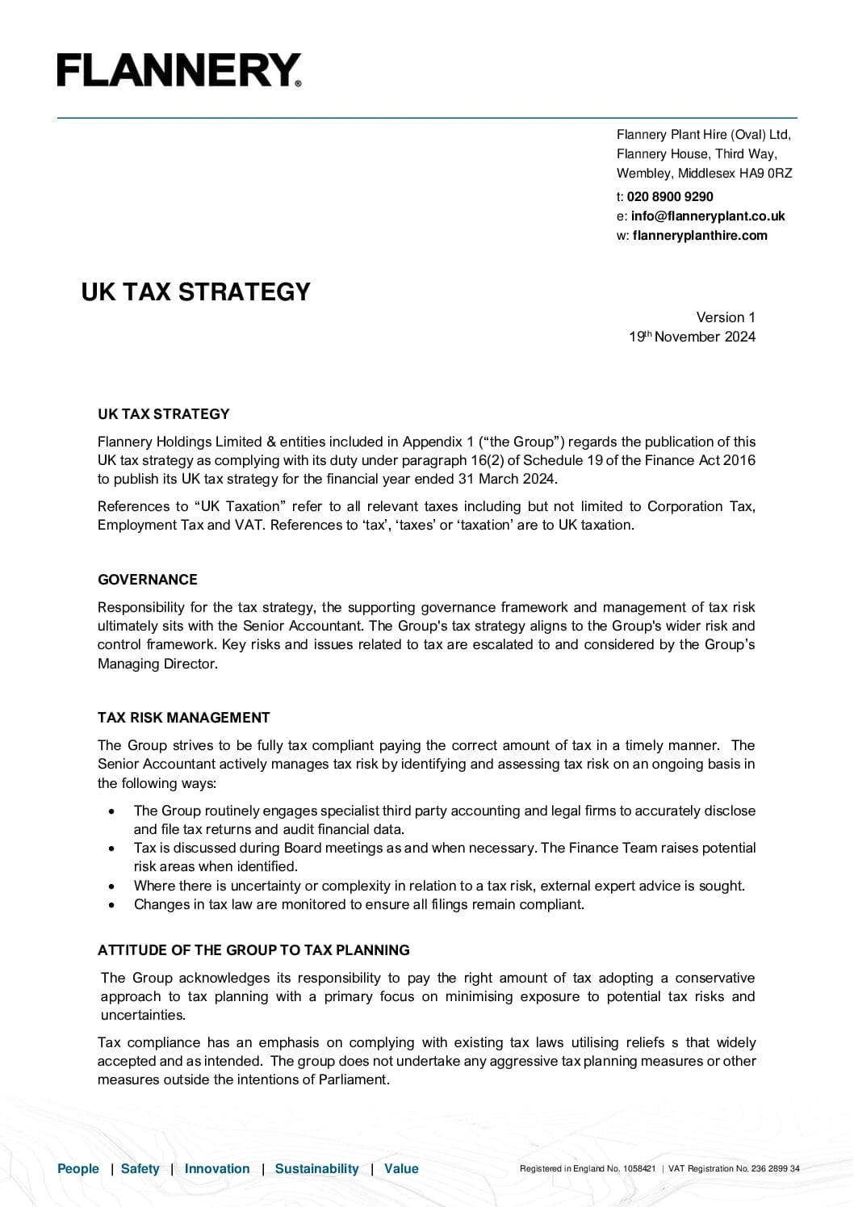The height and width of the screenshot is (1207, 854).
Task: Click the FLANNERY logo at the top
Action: click(x=178, y=70)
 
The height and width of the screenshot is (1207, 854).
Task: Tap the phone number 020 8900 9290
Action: click(x=670, y=196)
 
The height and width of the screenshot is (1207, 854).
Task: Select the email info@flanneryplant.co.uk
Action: click(x=708, y=216)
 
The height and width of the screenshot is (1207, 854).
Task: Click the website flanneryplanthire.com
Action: click(x=700, y=235)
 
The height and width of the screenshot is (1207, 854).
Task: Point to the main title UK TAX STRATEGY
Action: click(x=195, y=291)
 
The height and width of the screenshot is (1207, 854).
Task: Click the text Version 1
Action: click(x=726, y=317)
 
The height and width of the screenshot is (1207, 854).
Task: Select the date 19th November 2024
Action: click(x=692, y=337)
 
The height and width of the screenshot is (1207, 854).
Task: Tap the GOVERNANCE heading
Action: click(x=147, y=579)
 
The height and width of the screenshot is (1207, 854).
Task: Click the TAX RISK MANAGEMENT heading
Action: click(x=183, y=717)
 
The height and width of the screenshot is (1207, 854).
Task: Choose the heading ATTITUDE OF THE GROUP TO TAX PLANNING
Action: click(x=253, y=949)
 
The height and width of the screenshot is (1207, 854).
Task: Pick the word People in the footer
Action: click(x=78, y=1168)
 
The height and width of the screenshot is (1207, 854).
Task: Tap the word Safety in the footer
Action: click(x=140, y=1168)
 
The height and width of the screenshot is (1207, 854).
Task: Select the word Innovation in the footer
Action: click(x=217, y=1168)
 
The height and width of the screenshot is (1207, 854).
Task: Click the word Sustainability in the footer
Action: click(x=316, y=1168)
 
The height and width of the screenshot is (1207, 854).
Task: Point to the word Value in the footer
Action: click(x=401, y=1168)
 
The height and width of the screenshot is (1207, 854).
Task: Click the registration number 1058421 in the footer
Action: click(x=639, y=1168)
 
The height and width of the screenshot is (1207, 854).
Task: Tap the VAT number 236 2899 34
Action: click(x=775, y=1168)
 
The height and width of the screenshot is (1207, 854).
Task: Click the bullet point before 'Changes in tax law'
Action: click(x=111, y=904)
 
